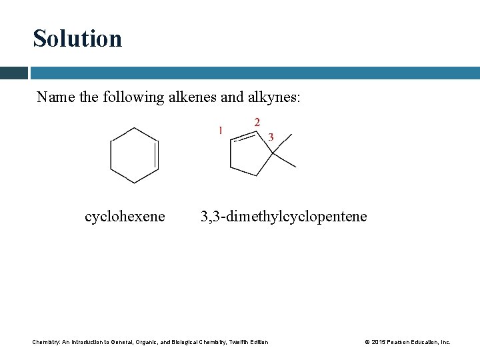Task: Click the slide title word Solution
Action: click(x=77, y=38)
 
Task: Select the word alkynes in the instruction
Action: click(x=275, y=97)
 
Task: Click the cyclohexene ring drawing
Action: click(x=135, y=155)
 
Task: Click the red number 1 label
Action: click(x=220, y=129)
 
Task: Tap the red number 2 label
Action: click(x=257, y=121)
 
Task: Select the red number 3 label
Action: click(x=271, y=137)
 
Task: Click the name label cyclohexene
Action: click(x=125, y=217)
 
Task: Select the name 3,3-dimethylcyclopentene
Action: click(x=284, y=217)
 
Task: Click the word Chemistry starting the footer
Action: click(x=46, y=342)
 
